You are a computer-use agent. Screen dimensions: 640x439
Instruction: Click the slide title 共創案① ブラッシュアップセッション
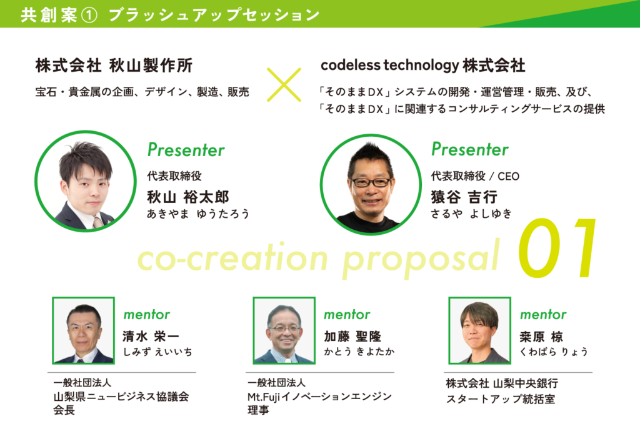coord(170,15)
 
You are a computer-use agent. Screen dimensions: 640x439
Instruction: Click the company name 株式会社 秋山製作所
coord(114,66)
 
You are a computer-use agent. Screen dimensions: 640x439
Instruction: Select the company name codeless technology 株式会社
coord(423,66)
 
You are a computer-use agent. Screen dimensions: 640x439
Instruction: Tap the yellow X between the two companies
coord(284,85)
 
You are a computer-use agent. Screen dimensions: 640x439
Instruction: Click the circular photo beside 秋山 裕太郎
coord(86,181)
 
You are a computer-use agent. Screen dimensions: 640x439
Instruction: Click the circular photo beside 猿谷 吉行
coord(371,184)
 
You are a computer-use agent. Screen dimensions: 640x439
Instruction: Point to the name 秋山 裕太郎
coord(188,197)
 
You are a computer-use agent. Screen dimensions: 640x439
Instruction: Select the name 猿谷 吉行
coord(464,197)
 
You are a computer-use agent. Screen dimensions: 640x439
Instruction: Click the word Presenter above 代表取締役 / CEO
coord(470,149)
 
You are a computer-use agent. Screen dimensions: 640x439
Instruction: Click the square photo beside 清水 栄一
coord(83,330)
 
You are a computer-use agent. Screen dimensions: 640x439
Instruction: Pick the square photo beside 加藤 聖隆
coord(284,330)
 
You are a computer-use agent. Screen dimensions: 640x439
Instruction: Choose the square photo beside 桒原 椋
coord(479,330)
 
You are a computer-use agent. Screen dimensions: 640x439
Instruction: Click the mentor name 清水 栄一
coord(151,337)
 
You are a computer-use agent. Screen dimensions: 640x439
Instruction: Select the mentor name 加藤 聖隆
coord(352,337)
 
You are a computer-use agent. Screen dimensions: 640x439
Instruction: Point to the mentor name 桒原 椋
coord(541,337)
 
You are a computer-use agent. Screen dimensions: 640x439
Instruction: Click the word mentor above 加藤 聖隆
coord(347,315)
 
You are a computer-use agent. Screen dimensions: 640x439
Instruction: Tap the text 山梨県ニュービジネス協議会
coord(121,397)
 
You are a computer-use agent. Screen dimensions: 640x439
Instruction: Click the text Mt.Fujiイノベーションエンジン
coord(319,397)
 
